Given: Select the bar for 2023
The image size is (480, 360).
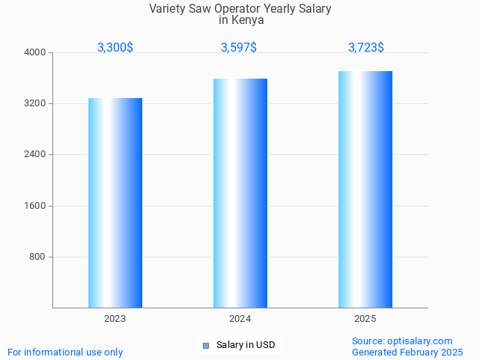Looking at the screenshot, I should tap(115, 203).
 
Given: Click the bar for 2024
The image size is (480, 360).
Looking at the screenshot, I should tap(240, 193).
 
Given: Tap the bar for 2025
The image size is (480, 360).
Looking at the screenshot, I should tap(365, 189).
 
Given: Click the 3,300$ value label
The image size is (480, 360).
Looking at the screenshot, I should tap(115, 47).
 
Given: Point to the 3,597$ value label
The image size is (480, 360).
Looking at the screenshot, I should tap(239, 47).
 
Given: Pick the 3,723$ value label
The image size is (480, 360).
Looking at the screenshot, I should tap(366, 47).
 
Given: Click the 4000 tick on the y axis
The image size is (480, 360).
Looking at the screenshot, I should tap(36, 52).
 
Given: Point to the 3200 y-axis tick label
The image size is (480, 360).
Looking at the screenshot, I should tap(36, 103).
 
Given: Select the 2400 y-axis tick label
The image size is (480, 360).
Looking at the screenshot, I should tap(36, 155).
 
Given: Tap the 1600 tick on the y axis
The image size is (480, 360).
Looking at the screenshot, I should tap(36, 206).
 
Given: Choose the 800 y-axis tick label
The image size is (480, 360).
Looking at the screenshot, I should tap(38, 257).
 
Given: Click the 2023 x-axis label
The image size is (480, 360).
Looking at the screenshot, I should tap(115, 319).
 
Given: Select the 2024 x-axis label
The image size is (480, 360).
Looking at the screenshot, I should tap(240, 319).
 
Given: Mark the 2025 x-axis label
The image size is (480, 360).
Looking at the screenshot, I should tap(365, 319).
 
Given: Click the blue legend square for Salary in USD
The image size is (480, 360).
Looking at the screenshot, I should tap(206, 345).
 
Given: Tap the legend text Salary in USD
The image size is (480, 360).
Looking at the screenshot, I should tap(246, 345).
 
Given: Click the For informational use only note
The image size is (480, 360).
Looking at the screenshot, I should tap(65, 352).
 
